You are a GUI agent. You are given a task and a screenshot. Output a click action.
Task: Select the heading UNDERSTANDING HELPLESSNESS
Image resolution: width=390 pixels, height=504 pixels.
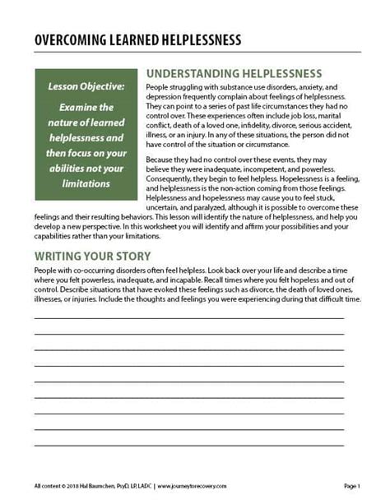pyautogui.click(x=233, y=72)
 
